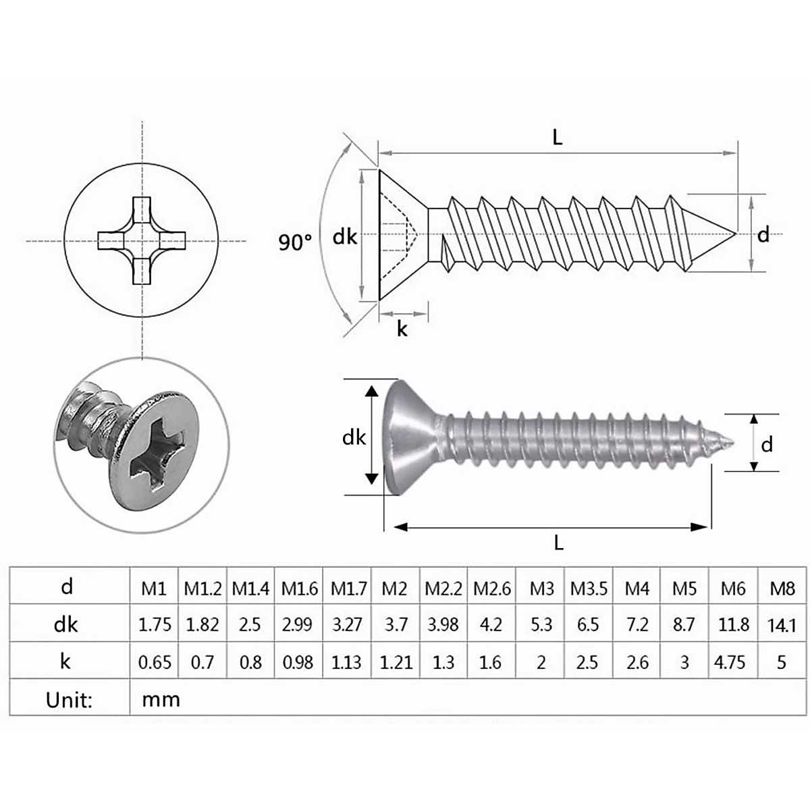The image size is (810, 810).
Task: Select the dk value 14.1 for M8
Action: coord(782,626)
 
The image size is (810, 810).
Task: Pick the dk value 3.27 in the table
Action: coord(347,625)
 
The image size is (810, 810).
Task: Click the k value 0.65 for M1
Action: coord(155,662)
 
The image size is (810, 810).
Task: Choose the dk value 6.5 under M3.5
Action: coord(587,625)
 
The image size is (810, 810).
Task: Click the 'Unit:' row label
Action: coord(68,699)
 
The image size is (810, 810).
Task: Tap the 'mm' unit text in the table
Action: coord(161,699)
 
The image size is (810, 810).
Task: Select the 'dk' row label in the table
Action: coord(66,625)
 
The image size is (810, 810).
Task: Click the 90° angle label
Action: coord(295,242)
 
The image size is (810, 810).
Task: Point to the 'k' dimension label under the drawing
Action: coord(402,329)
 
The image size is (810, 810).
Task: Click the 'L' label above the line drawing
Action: coord(557,137)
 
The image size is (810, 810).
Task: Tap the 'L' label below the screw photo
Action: coord(558,541)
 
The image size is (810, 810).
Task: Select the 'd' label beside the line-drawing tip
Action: coord(763,235)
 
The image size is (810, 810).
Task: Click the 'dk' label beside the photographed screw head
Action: coord(353,437)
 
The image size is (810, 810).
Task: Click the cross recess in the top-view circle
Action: coord(142,241)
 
